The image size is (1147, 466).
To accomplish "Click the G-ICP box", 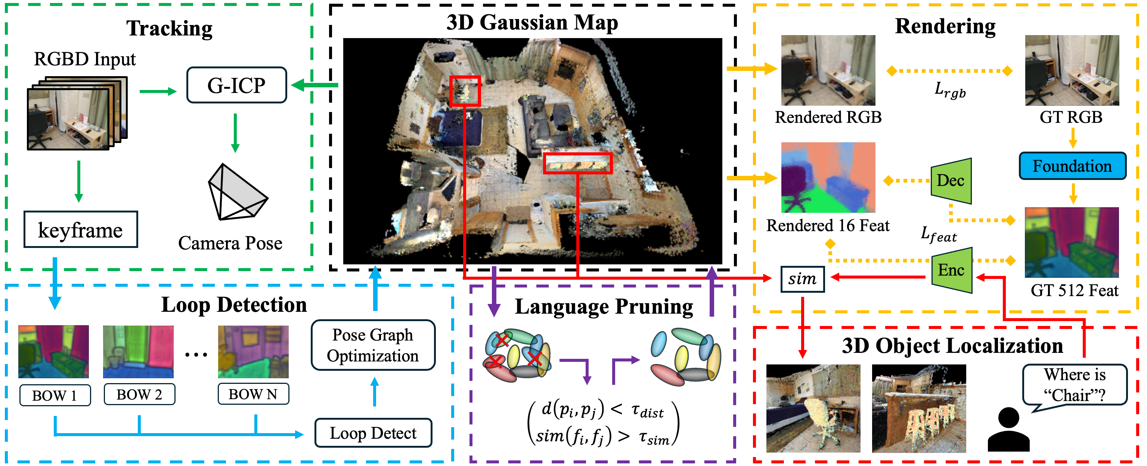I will click(236, 85).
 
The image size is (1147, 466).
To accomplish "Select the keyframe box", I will click(81, 230).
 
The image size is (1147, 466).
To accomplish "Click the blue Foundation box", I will click(1072, 166).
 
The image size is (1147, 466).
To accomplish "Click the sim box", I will click(802, 279).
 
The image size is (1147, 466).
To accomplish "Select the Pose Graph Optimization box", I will click(373, 345).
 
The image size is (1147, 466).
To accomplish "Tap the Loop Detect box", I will click(373, 433).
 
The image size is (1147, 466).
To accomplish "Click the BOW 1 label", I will click(55, 395).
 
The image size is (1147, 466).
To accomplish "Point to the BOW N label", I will click(253, 394).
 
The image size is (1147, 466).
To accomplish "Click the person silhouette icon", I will click(1008, 429).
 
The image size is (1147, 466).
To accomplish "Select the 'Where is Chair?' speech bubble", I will click(1075, 385).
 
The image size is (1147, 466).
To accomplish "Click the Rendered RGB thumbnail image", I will click(828, 70).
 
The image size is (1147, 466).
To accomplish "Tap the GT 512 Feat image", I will click(1071, 243).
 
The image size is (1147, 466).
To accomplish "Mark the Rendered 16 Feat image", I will click(828, 177).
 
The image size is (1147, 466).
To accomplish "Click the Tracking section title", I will click(169, 28).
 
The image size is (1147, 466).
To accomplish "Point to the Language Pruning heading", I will click(604, 307).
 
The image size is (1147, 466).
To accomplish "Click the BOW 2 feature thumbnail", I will click(138, 352).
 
